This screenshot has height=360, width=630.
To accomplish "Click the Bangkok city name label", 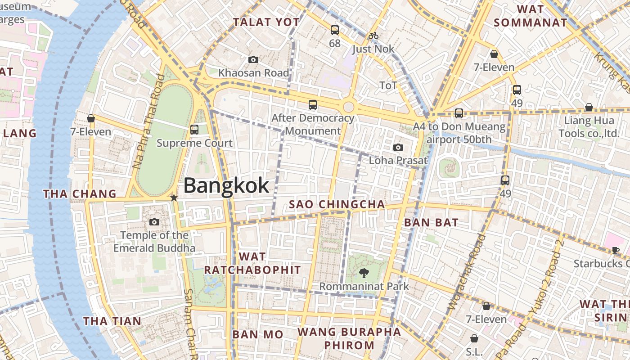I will tap(226, 185).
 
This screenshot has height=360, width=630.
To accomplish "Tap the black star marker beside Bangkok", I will tap(174, 198).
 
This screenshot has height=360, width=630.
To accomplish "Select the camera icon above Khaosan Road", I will tap(253, 59).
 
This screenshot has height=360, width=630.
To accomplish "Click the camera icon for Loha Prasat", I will tap(398, 147).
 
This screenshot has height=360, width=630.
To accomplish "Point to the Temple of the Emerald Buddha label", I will tap(154, 242).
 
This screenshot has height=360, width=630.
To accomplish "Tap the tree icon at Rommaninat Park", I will tap(364, 273).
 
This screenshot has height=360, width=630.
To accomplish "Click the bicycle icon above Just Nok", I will tap(373, 36).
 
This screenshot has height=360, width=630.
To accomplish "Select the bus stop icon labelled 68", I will tap(335, 30).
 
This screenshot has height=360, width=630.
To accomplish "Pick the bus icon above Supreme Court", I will tap(194, 130).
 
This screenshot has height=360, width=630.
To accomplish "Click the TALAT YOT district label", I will tap(266, 22).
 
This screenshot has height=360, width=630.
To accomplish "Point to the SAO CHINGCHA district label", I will tap(337, 204).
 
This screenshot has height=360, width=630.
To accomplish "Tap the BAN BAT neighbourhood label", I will tap(431, 222).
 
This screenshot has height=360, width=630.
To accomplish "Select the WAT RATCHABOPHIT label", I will tap(252, 263).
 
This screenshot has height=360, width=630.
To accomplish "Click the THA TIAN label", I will tap(112, 321).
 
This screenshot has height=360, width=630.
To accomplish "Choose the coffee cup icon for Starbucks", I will tap(616, 250).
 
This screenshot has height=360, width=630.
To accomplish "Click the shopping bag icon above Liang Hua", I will tap(589, 107).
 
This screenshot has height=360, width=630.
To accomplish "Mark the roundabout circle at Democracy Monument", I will tap(348, 107).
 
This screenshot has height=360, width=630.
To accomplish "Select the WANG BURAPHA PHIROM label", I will tap(349, 339).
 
